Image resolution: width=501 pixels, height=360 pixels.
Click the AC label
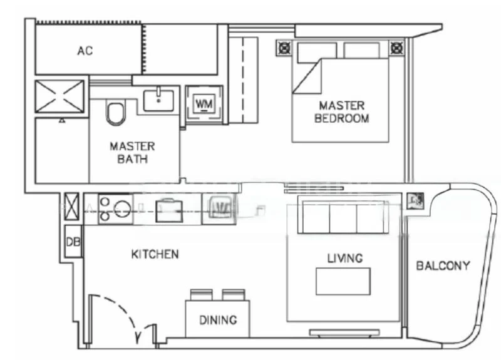point(85,51)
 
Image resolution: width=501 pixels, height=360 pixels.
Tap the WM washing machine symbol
point(204,103)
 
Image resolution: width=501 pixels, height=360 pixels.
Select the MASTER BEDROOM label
point(341,112)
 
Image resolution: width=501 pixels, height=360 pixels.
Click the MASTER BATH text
point(132,152)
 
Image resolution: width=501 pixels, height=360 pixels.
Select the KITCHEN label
point(155,254)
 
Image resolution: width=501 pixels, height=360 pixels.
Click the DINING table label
point(218,320)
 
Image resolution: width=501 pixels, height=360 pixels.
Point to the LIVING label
point(345,258)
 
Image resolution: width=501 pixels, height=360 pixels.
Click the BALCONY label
point(443,265)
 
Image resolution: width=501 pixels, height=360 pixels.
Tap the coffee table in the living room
point(343,281)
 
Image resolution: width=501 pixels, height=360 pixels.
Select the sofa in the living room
point(343,216)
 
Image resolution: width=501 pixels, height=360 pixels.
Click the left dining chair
point(202,294)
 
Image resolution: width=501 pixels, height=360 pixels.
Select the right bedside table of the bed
point(397,48)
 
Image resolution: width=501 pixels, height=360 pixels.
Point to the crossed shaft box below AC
point(59,96)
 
